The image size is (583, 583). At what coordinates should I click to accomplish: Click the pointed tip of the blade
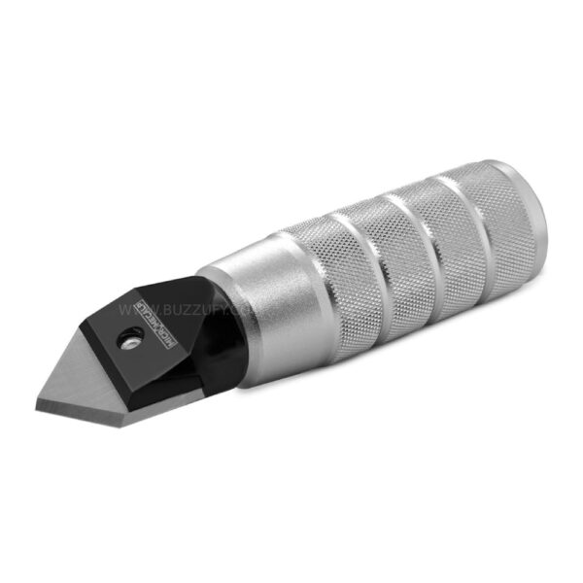(40, 399)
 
